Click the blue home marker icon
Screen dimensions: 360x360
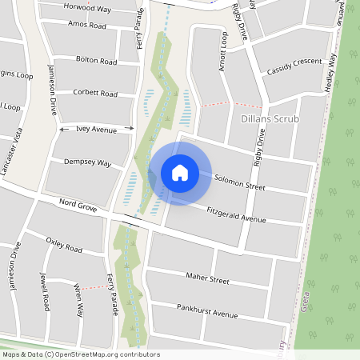point(180,173)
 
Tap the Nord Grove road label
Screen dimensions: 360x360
point(78,206)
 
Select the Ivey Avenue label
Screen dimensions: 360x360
point(96,129)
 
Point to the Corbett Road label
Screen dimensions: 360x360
point(95,94)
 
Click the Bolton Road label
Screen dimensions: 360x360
point(96,61)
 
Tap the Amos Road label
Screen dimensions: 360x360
point(88,26)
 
